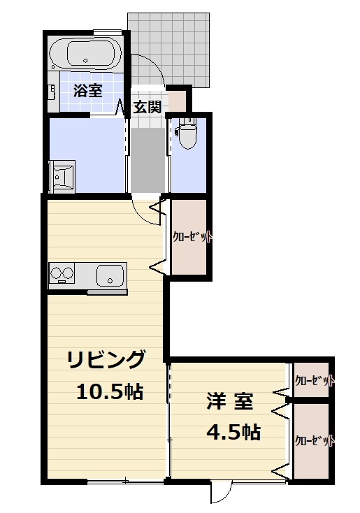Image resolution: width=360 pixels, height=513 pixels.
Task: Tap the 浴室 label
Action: pos(89,90)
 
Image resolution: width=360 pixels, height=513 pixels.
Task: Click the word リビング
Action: pos(106,360)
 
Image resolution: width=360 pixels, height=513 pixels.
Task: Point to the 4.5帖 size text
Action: pos(233,433)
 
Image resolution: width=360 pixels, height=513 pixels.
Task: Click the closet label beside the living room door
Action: pos(192,237)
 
